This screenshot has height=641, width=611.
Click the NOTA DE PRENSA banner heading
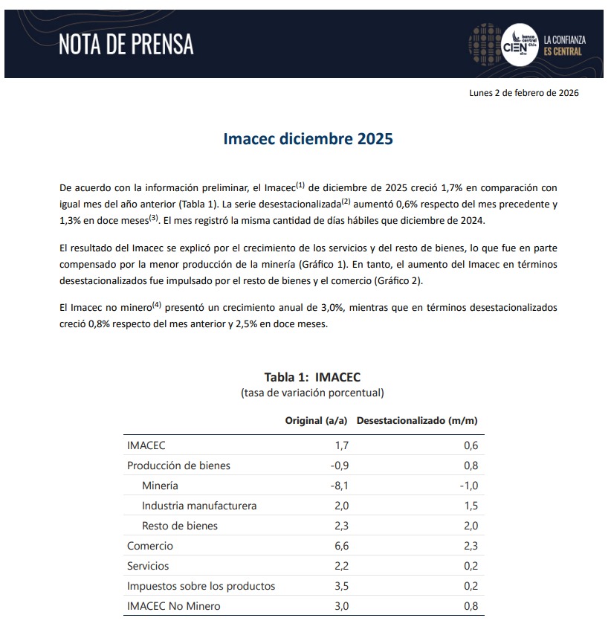pos(126,45)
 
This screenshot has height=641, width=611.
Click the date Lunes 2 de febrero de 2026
pos(523,93)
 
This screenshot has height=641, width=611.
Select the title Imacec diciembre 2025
pos(308,139)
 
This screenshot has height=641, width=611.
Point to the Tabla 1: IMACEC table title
pos(312,377)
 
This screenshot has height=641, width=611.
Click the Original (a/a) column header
pos(316,421)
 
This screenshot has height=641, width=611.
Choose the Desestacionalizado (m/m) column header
pos(417,421)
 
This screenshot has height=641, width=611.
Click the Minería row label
pos(160,486)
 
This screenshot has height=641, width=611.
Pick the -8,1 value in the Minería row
pos(339,486)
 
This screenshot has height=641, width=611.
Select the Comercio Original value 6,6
pos(341,546)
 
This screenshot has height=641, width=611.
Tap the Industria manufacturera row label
pos(199,506)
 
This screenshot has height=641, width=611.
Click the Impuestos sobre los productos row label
pos(201,586)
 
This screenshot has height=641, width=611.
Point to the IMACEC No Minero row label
pos(173,606)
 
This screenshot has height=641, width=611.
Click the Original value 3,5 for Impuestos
pos(341,586)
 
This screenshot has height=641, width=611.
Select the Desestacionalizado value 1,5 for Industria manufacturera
pos(471,506)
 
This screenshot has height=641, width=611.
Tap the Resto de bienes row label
pos(180,526)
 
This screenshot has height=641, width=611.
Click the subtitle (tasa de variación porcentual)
pos(312,393)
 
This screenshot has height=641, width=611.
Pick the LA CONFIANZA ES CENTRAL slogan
pos(563,45)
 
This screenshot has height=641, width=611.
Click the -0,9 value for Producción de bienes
pos(339,466)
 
